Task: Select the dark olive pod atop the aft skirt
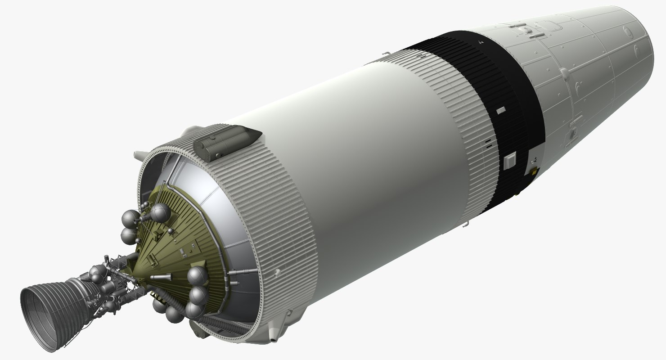coord(225,141)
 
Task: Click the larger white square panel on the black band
coord(510,160)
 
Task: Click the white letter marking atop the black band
coord(481,42)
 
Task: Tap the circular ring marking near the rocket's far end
coord(626,31)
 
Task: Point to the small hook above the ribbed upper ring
coord(383,55)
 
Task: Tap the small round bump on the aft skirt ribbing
coord(278,271)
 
